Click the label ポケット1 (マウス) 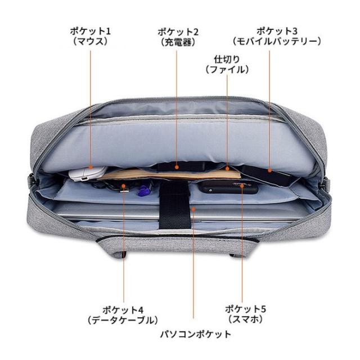90,36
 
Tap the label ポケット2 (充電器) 178,37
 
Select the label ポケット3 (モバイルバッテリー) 277,36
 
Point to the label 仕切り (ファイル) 227,64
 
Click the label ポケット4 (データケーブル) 123,315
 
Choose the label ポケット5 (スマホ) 245,314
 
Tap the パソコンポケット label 196,334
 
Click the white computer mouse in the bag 88,174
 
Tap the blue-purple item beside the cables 143,190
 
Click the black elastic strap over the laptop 175,205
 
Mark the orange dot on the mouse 91,168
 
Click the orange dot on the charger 177,168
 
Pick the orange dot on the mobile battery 269,170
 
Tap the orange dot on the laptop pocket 193,209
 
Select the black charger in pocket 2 181,166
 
